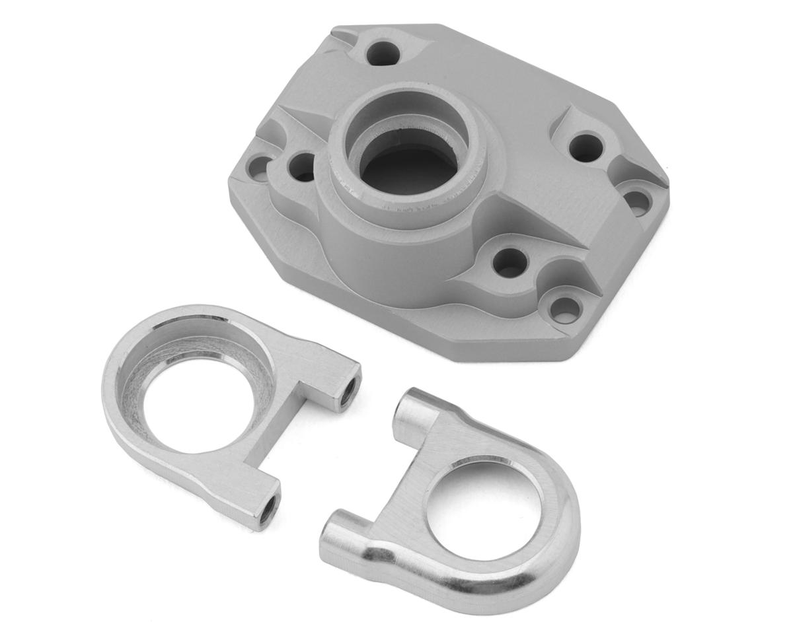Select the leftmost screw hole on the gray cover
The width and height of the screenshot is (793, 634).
(x=260, y=168)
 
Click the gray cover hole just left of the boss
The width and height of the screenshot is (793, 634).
(x=303, y=166)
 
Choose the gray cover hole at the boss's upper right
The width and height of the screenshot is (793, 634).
(x=585, y=147)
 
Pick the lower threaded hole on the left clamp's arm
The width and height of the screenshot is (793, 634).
(x=268, y=509)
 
